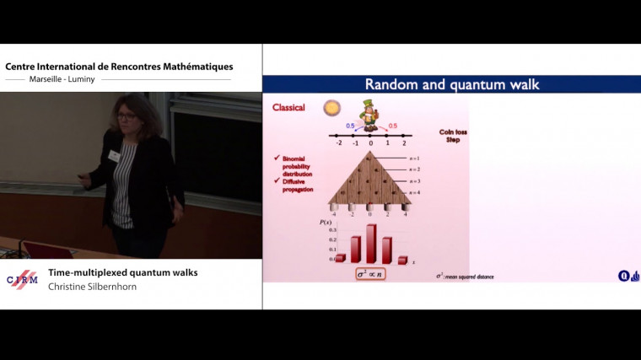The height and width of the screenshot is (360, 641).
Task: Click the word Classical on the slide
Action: pos(288,108)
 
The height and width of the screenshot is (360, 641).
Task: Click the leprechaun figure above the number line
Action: pos(369,114)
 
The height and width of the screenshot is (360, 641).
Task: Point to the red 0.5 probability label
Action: pos(392,126)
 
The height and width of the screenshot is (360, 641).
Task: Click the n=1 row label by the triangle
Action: pos(414,159)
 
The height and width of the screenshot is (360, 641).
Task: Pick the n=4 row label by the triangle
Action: pos(414,194)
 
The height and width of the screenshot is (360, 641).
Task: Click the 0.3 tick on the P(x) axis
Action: pos(332,229)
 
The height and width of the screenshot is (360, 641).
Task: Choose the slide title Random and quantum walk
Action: pos(451,84)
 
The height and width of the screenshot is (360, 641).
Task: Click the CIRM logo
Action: pos(22,281)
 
